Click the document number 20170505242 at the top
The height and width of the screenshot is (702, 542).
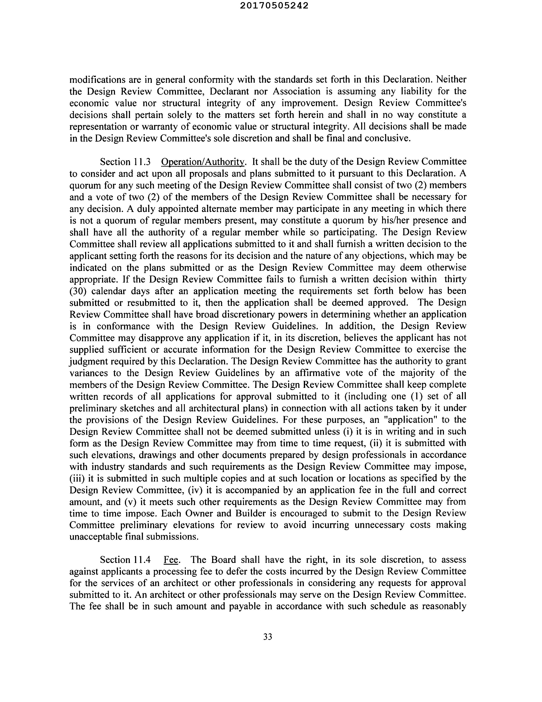[274, 6]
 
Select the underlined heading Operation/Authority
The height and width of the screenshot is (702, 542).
[203, 162]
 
